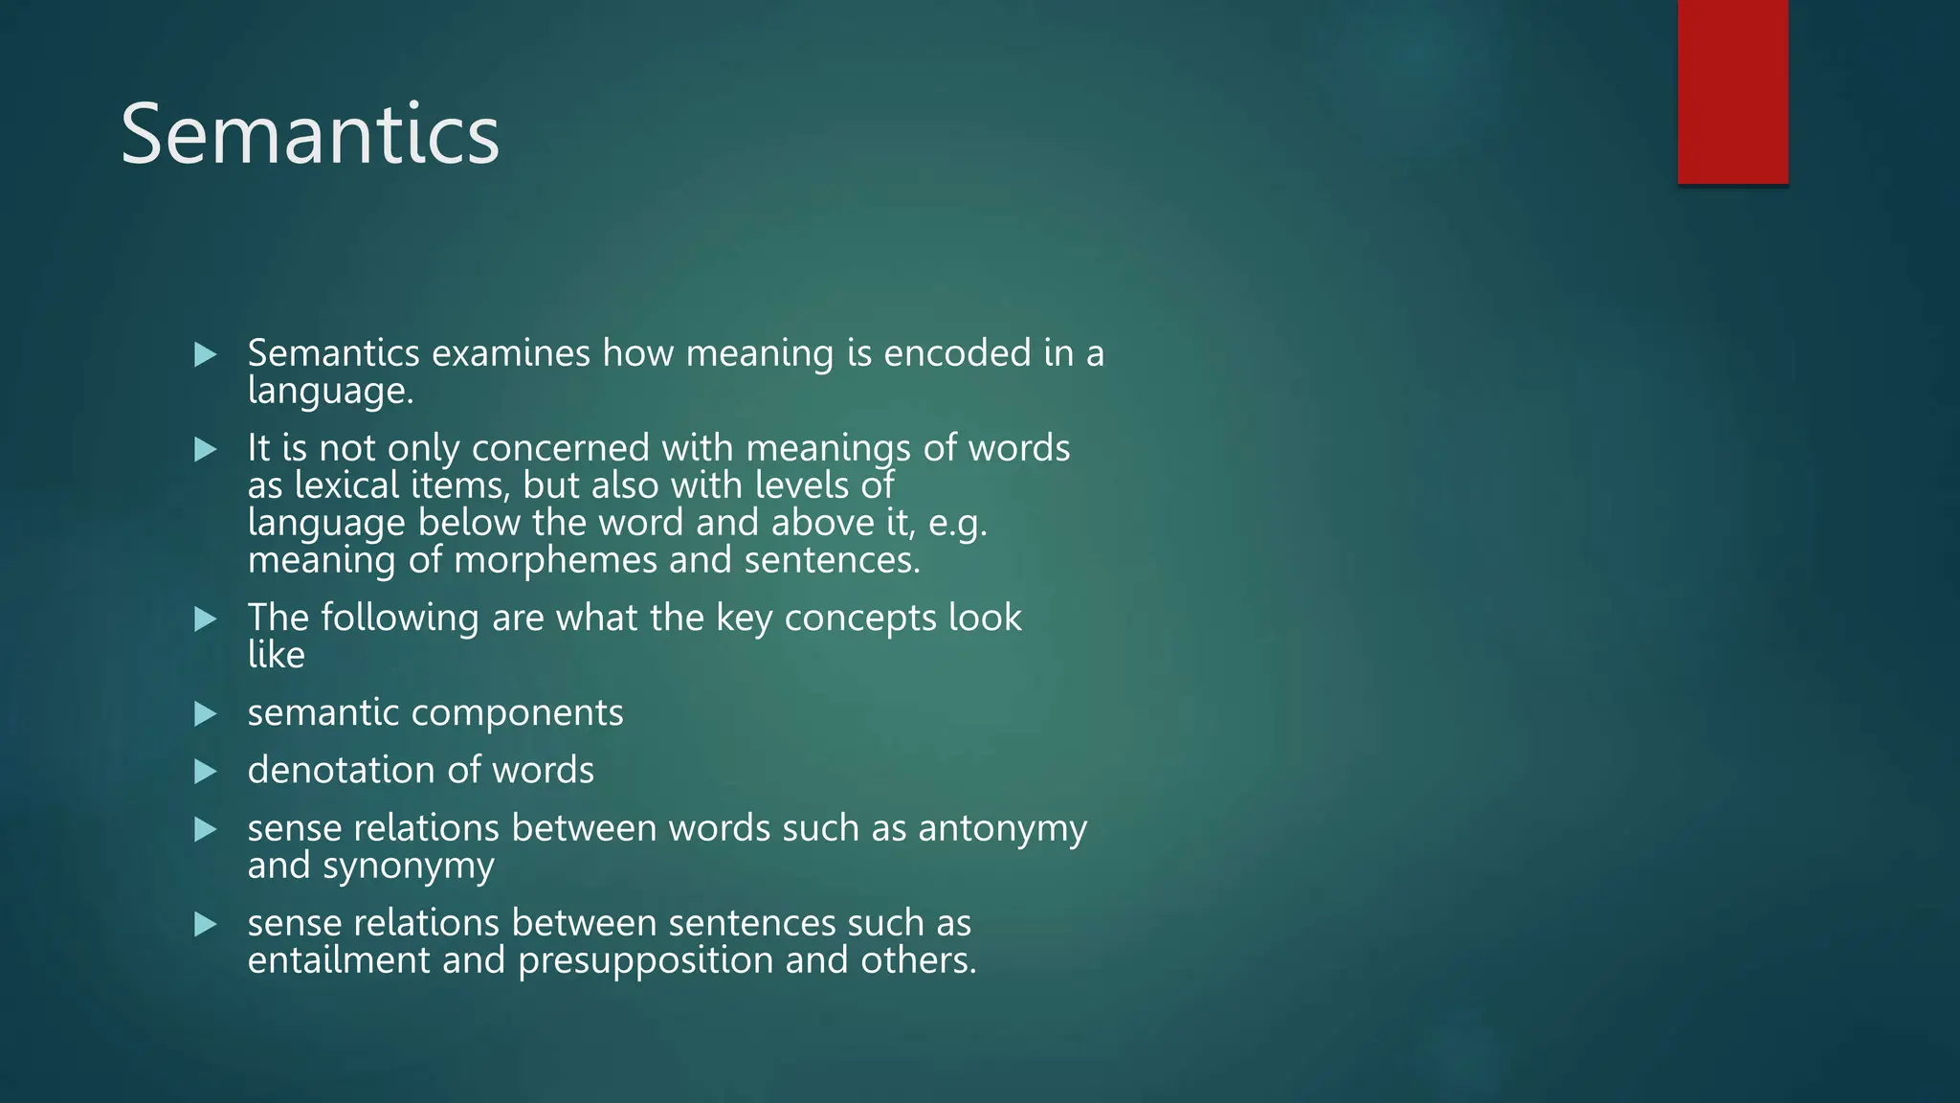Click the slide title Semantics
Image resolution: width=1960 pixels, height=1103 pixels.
click(x=309, y=135)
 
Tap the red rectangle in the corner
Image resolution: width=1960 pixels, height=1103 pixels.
click(x=1732, y=92)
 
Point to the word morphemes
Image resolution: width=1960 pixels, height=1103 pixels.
click(x=555, y=560)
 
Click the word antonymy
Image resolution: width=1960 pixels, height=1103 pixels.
click(x=1002, y=829)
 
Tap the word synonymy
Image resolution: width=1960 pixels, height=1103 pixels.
click(x=409, y=867)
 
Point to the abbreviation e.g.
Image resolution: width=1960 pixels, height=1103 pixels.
click(x=957, y=524)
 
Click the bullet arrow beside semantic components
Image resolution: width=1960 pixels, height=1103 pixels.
click(x=205, y=714)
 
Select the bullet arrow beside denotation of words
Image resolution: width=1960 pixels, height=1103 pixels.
click(x=205, y=772)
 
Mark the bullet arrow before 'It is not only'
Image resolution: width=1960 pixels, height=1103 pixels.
click(x=205, y=449)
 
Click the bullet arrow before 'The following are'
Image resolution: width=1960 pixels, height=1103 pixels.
click(x=205, y=619)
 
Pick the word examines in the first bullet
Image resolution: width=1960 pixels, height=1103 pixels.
click(x=511, y=353)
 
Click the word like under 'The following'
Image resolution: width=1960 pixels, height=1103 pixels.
click(x=276, y=656)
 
